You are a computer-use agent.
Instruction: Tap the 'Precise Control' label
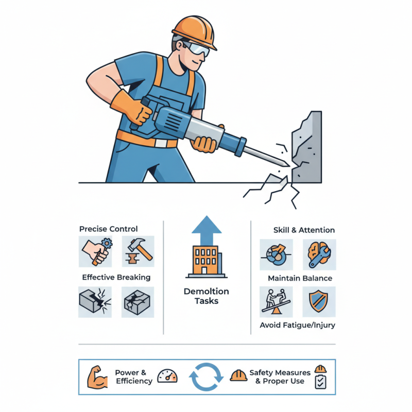(109, 229)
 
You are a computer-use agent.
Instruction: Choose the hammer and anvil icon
(138, 251)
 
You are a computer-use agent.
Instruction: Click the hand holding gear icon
(95, 251)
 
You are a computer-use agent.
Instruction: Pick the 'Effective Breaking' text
(116, 277)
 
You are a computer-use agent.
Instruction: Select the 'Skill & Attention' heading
(304, 230)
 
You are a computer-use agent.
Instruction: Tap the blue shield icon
(319, 302)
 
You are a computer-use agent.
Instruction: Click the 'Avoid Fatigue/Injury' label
(298, 325)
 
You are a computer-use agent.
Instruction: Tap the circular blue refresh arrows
(207, 377)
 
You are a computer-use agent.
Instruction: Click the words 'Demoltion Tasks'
(206, 296)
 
